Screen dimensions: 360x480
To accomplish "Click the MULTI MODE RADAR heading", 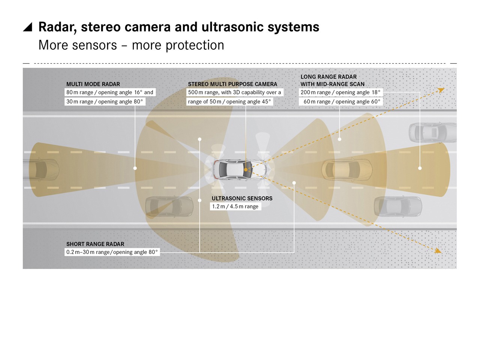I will [93, 84].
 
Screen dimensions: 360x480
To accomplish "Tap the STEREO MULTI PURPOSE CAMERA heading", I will [232, 84].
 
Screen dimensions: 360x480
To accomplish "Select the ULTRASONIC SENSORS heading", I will [242, 199].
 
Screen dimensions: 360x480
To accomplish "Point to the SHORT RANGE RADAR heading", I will [95, 244].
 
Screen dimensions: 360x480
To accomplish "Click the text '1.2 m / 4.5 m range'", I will [235, 206].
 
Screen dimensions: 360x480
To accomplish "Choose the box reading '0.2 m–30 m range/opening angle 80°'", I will [112, 252].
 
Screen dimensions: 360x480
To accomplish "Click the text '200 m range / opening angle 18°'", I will [340, 93].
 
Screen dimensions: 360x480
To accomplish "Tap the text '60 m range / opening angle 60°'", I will [342, 102].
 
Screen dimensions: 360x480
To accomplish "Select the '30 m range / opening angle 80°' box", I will [105, 102].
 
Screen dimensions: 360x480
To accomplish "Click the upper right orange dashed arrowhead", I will [441, 90].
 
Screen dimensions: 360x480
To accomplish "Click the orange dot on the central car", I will [246, 170].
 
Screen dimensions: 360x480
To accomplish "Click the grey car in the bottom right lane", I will [398, 206].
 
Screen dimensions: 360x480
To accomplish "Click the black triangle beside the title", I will [27, 27].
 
